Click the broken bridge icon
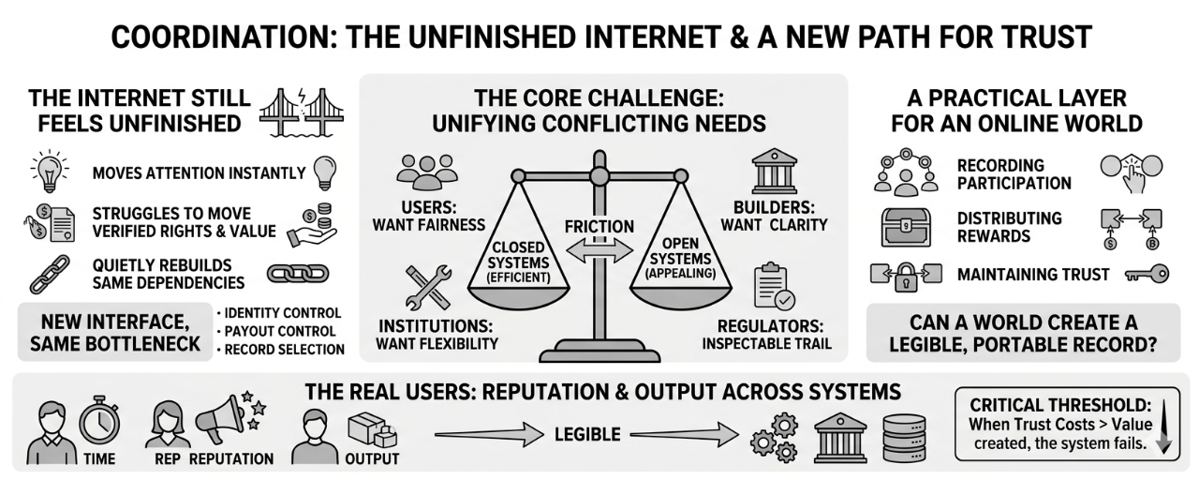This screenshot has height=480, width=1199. pyautogui.click(x=303, y=112)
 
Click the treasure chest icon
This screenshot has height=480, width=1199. pyautogui.click(x=906, y=226)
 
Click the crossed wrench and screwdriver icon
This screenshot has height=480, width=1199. pyautogui.click(x=428, y=287)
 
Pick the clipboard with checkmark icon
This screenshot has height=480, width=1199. pyautogui.click(x=775, y=287)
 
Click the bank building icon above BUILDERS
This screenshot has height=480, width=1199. pyautogui.click(x=774, y=172)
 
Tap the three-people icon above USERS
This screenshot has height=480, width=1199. pyautogui.click(x=427, y=172)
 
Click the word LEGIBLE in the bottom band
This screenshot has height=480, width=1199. pyautogui.click(x=586, y=435)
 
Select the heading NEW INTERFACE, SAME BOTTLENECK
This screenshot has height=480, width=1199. pyautogui.click(x=115, y=332)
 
